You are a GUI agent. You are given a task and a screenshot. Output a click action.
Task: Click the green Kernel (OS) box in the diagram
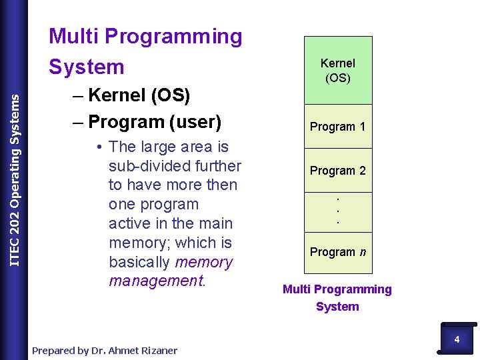point(338,70)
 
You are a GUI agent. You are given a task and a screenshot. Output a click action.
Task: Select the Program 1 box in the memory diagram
point(338,127)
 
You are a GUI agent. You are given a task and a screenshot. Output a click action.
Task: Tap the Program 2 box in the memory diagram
point(338,171)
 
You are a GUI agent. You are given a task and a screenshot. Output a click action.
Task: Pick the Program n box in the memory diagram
point(338,252)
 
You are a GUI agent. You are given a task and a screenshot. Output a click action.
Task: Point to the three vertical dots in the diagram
point(338,211)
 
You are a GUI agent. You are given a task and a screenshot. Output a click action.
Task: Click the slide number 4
point(457,339)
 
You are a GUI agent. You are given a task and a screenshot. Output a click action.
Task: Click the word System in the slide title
point(87,67)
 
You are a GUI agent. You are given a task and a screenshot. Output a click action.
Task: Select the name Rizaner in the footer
point(158,351)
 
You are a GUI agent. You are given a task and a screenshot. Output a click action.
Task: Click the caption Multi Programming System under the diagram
point(337,297)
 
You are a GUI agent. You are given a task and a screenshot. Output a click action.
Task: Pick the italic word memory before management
point(203,262)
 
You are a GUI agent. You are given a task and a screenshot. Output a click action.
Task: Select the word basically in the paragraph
point(139,262)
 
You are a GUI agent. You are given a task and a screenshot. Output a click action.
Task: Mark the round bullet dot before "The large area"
point(98,147)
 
